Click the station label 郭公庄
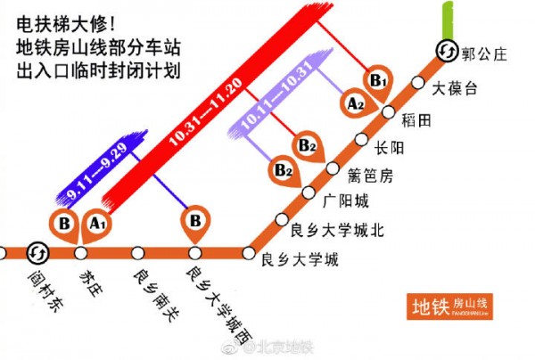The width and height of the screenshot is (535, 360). [x=484, y=54]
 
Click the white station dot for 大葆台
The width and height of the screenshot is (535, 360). [x=417, y=83]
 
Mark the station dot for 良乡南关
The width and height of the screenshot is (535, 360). [x=137, y=252]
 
